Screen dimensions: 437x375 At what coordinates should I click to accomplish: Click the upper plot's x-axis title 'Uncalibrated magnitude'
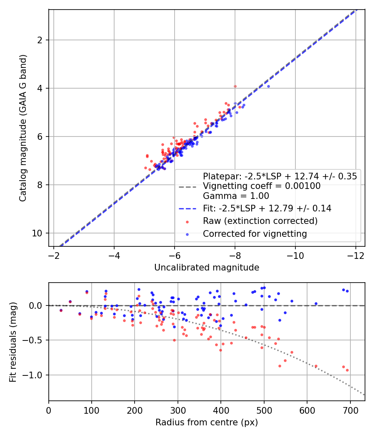coord(207,268)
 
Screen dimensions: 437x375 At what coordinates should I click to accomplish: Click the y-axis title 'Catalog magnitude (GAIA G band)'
coord(23,128)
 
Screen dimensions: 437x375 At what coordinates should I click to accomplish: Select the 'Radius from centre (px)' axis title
coord(207,422)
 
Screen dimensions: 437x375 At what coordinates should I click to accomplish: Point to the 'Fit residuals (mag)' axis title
coord(13,342)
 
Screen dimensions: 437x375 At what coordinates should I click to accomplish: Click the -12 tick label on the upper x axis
coord(356,254)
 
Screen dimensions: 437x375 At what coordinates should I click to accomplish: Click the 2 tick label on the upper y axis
coord(41,40)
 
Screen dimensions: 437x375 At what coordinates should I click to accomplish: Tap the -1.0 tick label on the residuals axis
coord(35,375)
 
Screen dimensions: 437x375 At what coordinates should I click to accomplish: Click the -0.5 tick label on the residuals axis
coord(35,340)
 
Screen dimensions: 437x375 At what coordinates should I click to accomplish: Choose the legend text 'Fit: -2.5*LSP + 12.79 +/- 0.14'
coord(267,209)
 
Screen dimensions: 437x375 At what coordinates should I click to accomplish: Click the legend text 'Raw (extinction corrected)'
coord(260,221)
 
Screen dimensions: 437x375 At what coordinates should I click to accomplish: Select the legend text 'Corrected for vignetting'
coord(255,234)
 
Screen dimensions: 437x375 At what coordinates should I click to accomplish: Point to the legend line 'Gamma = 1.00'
coord(236,196)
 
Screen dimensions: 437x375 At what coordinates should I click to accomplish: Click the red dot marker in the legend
coord(187,221)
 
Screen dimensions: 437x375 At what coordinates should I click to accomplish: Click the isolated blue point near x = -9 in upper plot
coord(268,86)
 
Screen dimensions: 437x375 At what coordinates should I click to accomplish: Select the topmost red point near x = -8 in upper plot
coord(235,86)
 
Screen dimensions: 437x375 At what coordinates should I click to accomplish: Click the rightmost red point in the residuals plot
coord(347,370)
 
